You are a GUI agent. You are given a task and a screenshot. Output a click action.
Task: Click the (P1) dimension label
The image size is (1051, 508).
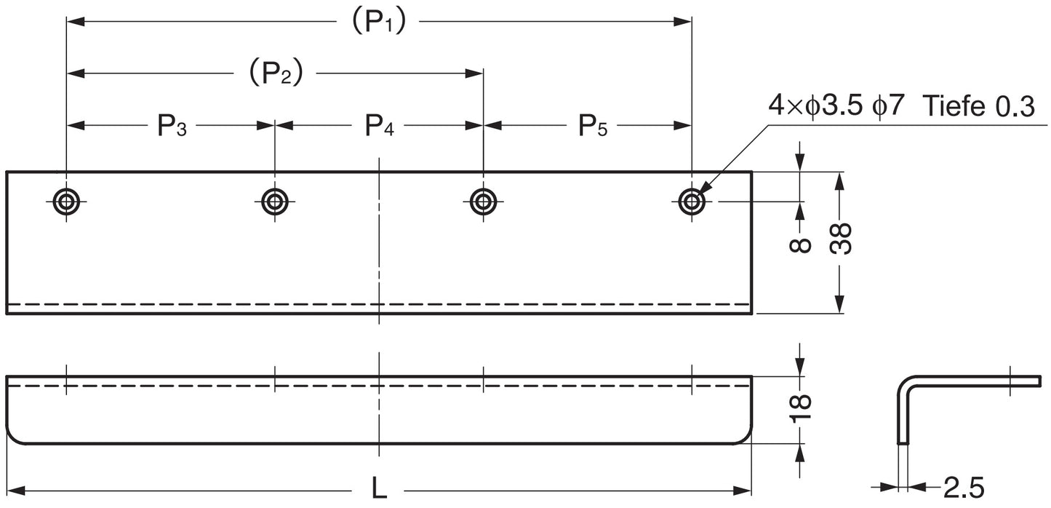[378, 23]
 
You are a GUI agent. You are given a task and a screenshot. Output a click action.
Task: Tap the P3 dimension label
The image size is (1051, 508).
[172, 127]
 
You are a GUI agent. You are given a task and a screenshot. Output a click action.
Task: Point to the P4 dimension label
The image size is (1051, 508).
[379, 127]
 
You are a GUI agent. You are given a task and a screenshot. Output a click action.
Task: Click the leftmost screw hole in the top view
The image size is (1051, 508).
[66, 201]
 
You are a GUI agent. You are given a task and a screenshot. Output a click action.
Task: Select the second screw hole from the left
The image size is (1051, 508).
[274, 201]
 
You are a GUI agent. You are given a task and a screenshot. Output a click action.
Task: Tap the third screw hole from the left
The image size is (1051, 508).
[483, 201]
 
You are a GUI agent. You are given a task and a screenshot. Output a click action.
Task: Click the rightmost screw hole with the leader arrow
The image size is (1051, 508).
[691, 201]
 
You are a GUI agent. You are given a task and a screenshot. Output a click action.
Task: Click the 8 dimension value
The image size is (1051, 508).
[800, 245]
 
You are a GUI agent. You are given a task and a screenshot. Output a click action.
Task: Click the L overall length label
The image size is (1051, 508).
[379, 488]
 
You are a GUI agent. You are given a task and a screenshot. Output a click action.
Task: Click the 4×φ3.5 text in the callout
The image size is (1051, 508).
[815, 108]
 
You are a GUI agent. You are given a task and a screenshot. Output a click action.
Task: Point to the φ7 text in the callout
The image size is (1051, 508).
[887, 108]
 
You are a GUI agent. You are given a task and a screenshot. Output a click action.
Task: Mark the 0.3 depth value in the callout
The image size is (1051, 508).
[1013, 108]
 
